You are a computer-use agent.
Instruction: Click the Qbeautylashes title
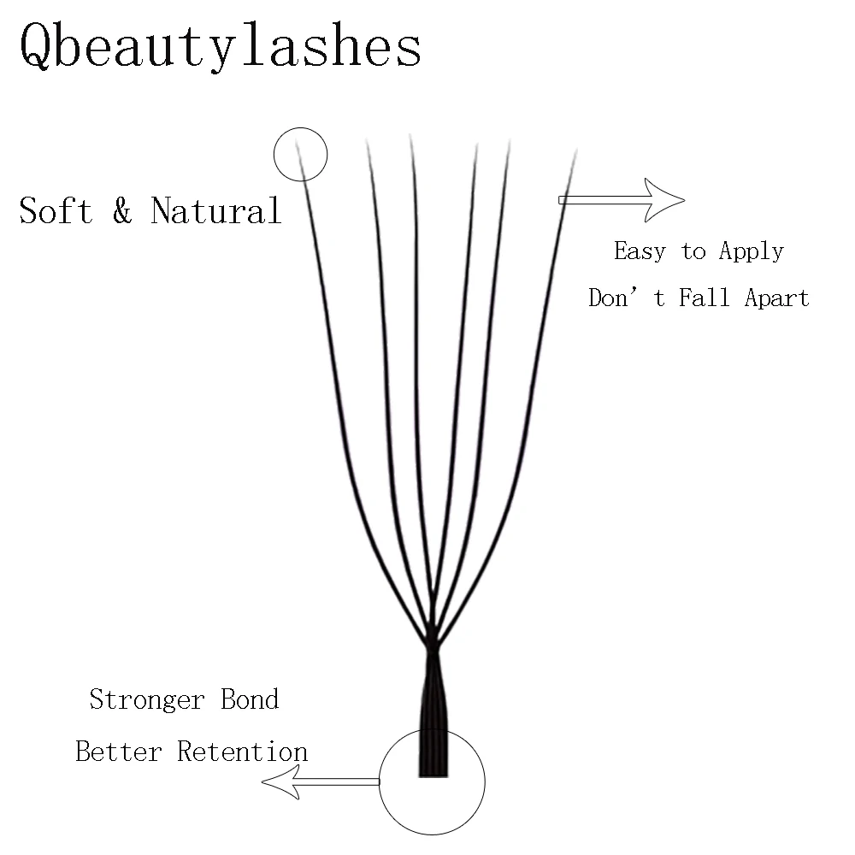coord(220,47)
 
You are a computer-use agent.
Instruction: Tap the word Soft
coord(56,210)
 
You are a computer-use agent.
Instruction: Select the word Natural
coord(215,210)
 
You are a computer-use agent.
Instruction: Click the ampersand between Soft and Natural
coord(122,211)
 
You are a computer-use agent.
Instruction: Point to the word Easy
coord(640,251)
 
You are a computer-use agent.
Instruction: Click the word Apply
coord(751,251)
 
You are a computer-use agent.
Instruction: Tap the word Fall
coord(704,298)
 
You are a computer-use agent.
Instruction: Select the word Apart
coord(775,298)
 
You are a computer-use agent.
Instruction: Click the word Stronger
coord(147,699)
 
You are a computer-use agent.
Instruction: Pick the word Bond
coord(250,699)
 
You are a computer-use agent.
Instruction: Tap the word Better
coord(119,752)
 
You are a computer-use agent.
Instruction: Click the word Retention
coord(242,752)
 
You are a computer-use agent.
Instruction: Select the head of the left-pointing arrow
coord(280,781)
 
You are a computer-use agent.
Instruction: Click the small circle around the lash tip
coord(300,155)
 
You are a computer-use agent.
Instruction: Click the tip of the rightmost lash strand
coord(575,154)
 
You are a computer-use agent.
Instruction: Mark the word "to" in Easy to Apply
coord(693,252)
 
